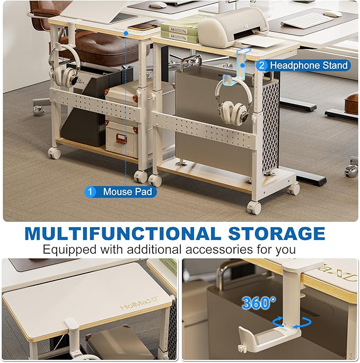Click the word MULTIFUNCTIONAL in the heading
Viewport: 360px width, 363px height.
click(123, 234)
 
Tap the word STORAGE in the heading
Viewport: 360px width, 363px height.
click(277, 234)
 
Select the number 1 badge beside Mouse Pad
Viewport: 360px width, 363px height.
click(90, 192)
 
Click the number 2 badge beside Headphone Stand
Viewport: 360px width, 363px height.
click(261, 65)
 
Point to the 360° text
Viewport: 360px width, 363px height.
click(259, 303)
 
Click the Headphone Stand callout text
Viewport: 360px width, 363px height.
click(309, 65)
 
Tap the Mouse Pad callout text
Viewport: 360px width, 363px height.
click(127, 192)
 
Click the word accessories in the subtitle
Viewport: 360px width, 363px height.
click(219, 249)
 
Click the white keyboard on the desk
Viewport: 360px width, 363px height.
click(308, 21)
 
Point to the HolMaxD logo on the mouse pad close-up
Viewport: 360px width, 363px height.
click(139, 303)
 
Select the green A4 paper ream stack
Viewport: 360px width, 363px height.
click(180, 33)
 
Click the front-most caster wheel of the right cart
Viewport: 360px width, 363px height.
click(254, 208)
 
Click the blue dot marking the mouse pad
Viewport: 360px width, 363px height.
click(126, 33)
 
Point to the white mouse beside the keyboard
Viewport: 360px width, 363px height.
click(332, 14)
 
